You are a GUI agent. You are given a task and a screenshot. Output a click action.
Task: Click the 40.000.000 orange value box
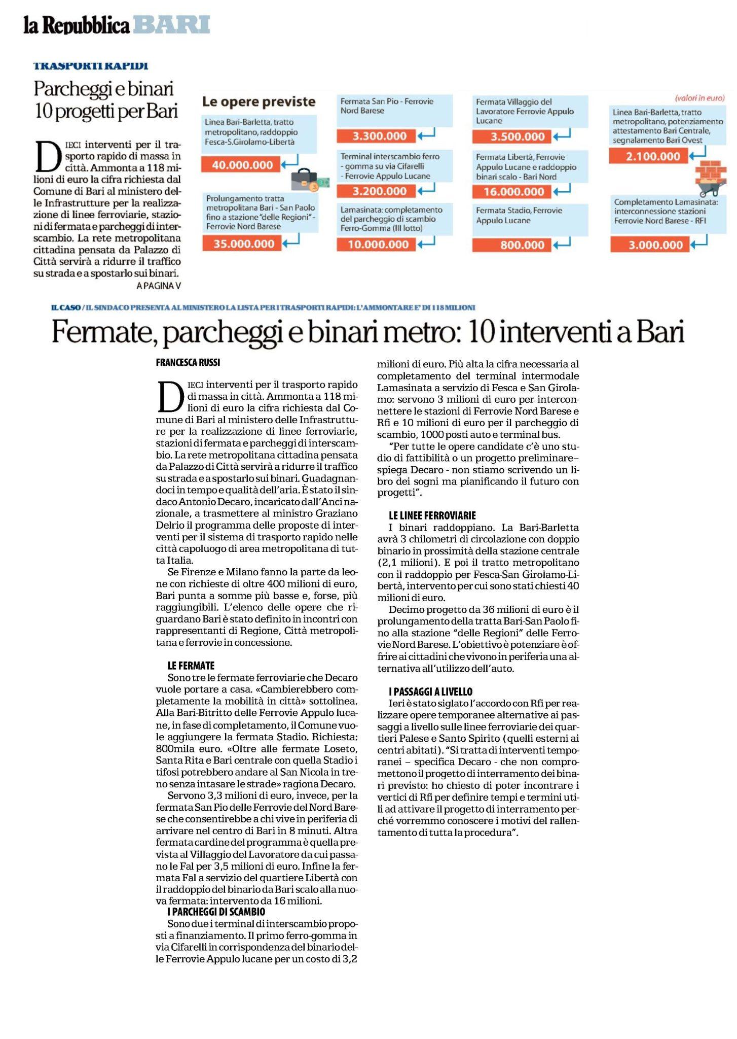242,165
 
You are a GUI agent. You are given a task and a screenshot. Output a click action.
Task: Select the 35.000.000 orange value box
244,244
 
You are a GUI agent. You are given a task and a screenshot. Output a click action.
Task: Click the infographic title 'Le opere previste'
259,102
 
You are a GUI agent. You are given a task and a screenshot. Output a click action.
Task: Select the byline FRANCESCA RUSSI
188,363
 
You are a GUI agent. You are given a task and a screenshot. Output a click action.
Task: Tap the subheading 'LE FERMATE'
191,665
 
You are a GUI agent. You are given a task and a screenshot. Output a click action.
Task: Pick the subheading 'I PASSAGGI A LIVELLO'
430,691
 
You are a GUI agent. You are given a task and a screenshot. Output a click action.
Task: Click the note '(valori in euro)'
699,98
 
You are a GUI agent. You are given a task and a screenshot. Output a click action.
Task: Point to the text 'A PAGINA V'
159,286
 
